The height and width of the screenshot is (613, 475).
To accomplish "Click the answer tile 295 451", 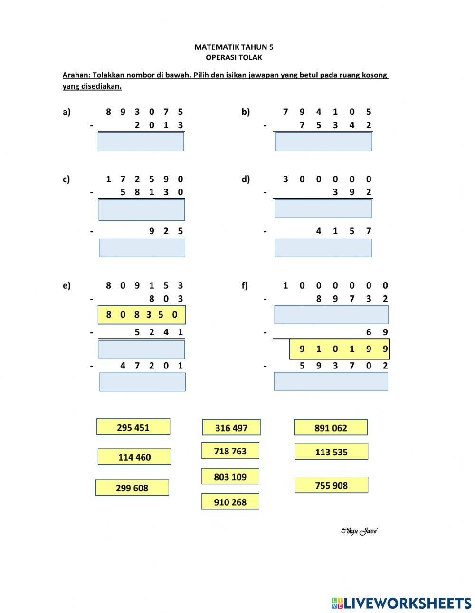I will click(133, 427).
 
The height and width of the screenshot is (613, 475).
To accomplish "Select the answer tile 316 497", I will click(231, 427).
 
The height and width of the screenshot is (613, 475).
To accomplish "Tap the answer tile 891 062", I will click(331, 427).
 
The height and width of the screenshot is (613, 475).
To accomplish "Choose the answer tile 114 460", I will click(134, 457).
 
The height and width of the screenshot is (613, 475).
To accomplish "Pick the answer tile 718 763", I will click(230, 451).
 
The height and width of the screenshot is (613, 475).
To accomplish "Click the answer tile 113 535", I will click(332, 452).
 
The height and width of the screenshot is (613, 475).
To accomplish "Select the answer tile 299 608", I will click(132, 488).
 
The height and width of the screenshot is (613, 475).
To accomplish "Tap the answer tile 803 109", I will click(230, 476).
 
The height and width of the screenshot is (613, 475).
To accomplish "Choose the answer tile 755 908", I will click(332, 485).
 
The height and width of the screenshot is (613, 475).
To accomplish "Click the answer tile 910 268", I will click(230, 502).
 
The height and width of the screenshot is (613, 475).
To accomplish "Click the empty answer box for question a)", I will click(141, 141).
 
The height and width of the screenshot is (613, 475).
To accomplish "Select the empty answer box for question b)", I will click(323, 141).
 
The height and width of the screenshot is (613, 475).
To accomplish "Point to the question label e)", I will click(66, 285).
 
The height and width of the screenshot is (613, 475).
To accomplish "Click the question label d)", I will click(246, 179).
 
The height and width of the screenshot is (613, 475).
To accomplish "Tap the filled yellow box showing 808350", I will click(142, 315).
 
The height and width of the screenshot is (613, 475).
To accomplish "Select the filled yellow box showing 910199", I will click(340, 349).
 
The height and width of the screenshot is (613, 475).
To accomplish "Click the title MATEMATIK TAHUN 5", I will click(234, 47).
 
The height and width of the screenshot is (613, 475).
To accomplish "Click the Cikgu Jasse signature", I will click(359, 531).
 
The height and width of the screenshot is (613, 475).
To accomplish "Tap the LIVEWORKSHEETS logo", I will click(401, 603).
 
